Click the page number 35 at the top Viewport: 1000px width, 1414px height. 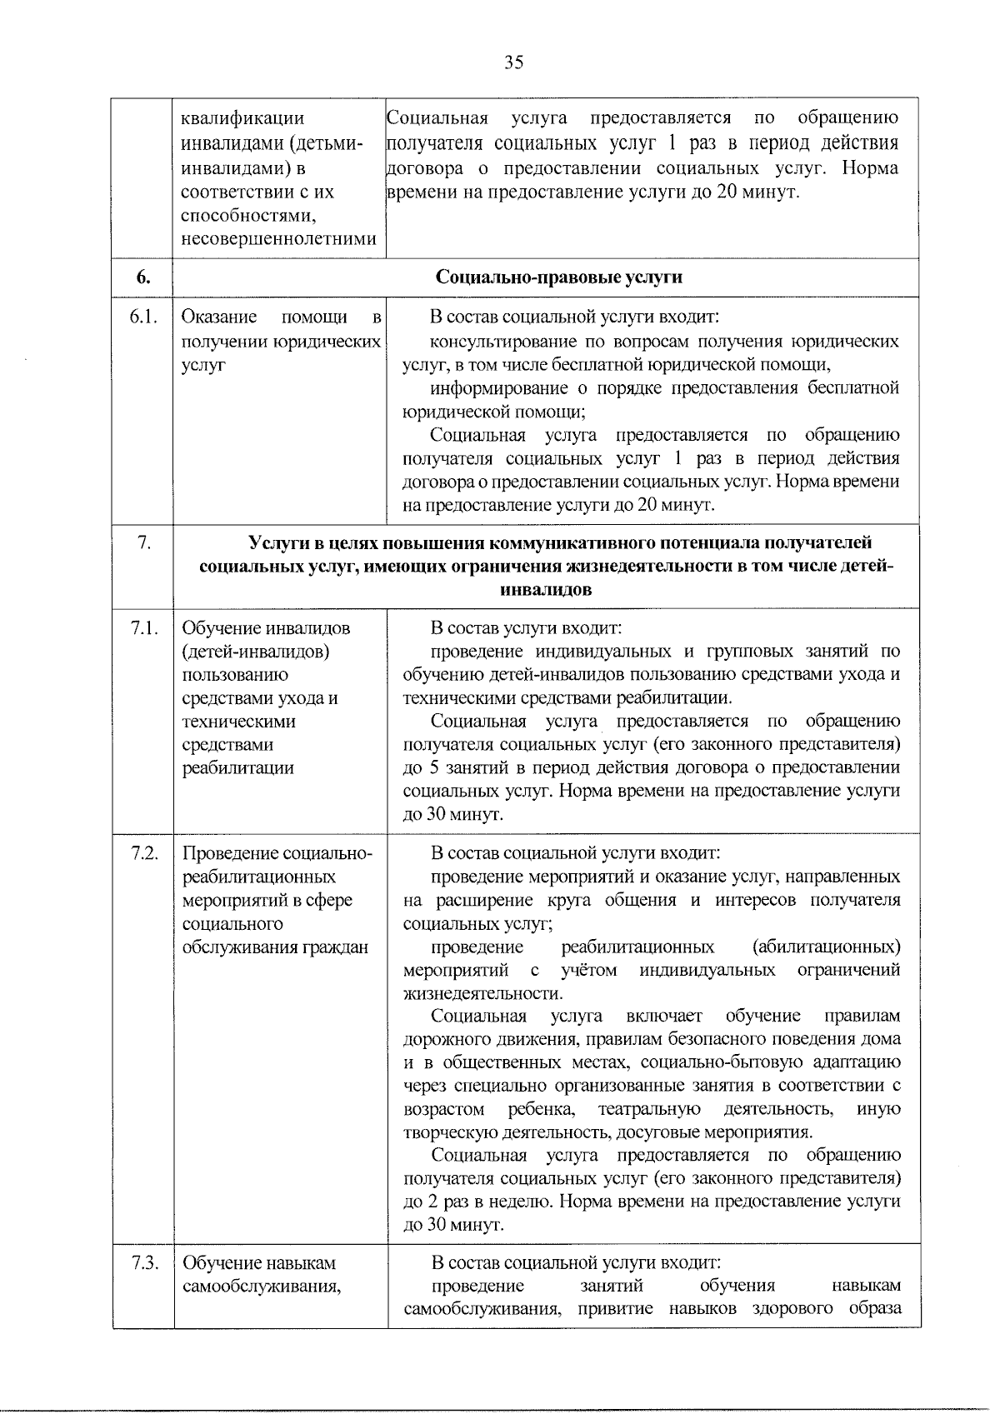pos(513,63)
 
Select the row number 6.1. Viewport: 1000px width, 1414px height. pos(143,317)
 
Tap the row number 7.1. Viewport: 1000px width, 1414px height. pos(143,628)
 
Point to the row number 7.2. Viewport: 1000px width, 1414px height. pos(143,853)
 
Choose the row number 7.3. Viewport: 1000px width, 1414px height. pos(143,1262)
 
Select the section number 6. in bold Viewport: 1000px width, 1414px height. pos(143,277)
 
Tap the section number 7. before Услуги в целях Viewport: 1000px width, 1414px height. pos(143,543)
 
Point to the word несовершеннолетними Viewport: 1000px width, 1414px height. pos(279,239)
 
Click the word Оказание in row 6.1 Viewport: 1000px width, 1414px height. pos(219,317)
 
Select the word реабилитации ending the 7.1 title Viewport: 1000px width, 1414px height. pos(237,768)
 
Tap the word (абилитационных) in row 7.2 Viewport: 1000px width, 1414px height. pos(826,947)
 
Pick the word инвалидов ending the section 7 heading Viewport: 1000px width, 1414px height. pos(546,590)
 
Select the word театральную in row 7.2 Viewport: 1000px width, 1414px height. pos(649,1110)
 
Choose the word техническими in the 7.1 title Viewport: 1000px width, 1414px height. pos(238,722)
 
